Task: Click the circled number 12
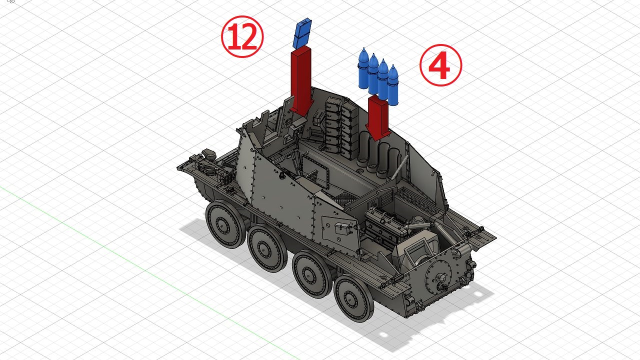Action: (x=242, y=36)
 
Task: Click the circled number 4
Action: (x=440, y=65)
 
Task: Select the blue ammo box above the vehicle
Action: (x=302, y=33)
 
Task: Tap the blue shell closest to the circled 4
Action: (x=393, y=85)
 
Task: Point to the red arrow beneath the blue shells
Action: (x=377, y=117)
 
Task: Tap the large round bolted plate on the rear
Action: (x=438, y=275)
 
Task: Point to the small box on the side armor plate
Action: (x=342, y=227)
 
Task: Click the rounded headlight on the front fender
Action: (x=209, y=154)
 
